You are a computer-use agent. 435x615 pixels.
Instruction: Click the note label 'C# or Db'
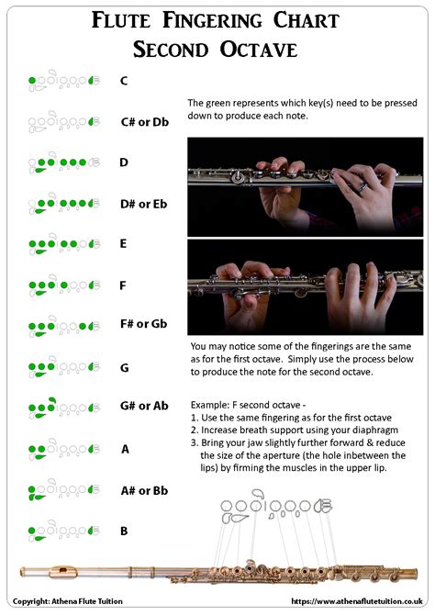pyautogui.click(x=144, y=121)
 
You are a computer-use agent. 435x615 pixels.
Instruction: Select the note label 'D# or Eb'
pyautogui.click(x=144, y=203)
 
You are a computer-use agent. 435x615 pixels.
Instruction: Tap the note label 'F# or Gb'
pyautogui.click(x=143, y=324)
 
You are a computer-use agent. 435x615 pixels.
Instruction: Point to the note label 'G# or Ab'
pyautogui.click(x=144, y=406)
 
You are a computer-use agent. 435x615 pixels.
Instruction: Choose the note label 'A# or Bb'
pyautogui.click(x=144, y=490)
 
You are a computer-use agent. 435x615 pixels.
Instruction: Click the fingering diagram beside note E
pyautogui.click(x=63, y=245)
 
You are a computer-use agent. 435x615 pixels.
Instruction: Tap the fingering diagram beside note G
pyautogui.click(x=63, y=367)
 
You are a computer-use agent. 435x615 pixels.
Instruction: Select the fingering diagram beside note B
pyautogui.click(x=63, y=531)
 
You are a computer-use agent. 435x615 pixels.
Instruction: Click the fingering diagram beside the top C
pyautogui.click(x=63, y=81)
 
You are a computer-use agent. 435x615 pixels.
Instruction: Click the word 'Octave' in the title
pyautogui.click(x=260, y=48)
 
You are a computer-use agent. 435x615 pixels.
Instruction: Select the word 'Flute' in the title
pyautogui.click(x=127, y=19)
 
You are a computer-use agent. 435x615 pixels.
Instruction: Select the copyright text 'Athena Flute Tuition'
pyautogui.click(x=95, y=601)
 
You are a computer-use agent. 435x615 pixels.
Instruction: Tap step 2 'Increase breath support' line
pyautogui.click(x=295, y=429)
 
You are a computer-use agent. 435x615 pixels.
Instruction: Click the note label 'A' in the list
pyautogui.click(x=125, y=449)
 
